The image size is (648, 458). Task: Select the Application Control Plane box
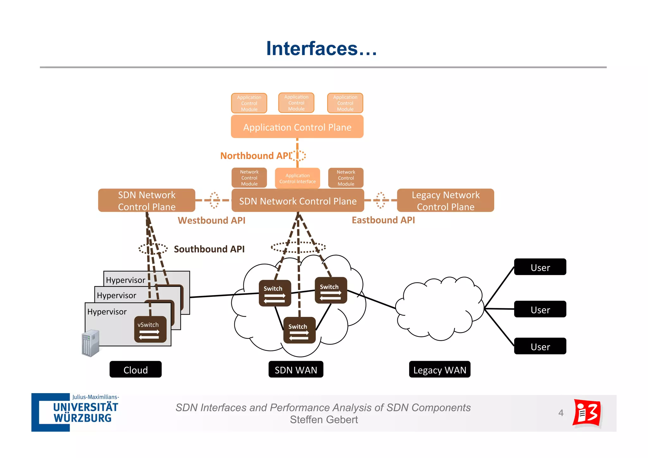[x=297, y=127]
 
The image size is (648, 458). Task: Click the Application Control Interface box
[x=297, y=178]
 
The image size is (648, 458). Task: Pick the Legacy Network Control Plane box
[x=445, y=200]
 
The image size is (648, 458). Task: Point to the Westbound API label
[x=211, y=220]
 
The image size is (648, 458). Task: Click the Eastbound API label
[x=383, y=220]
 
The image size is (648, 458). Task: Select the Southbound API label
[x=209, y=249]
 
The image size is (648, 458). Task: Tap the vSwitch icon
[x=150, y=329]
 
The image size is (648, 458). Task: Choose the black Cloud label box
[x=135, y=369]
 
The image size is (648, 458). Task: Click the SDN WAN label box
[x=296, y=369]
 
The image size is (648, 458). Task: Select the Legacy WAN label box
[x=439, y=369]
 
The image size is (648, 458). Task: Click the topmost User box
[x=540, y=267]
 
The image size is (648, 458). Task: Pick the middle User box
[x=540, y=309]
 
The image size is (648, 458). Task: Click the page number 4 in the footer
[x=561, y=413]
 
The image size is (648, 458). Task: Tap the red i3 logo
[x=587, y=413]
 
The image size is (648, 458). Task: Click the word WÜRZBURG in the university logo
[x=83, y=418]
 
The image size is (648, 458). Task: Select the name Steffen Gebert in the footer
[x=324, y=420]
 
